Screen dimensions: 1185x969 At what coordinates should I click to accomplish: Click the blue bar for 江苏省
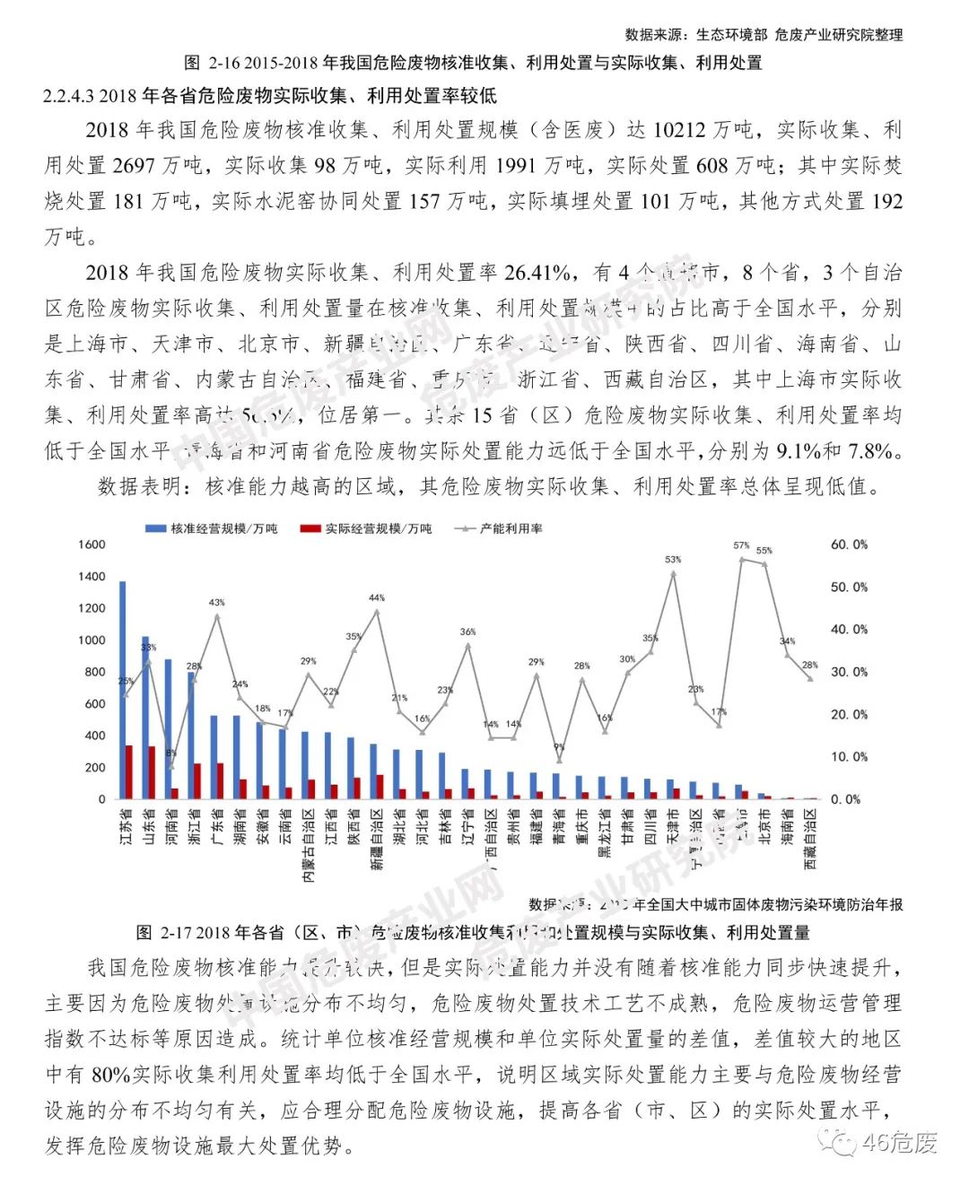[x=122, y=690]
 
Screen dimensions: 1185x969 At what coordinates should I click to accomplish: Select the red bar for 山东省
[x=152, y=772]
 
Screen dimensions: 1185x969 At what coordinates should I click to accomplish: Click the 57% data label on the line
[x=741, y=545]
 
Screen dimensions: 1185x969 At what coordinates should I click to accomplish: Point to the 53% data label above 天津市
[x=673, y=559]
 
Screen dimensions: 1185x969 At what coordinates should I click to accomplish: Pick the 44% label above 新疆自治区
[x=377, y=597]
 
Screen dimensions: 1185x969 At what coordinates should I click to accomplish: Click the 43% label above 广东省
[x=217, y=602]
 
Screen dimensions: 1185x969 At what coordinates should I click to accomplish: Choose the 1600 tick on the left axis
[x=92, y=545]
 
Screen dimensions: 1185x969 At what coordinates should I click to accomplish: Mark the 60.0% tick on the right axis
[x=848, y=545]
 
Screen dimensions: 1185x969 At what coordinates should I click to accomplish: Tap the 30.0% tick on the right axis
[x=848, y=672]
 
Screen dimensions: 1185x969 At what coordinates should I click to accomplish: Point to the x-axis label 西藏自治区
[x=810, y=839]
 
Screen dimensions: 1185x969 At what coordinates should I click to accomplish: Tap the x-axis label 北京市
[x=764, y=826]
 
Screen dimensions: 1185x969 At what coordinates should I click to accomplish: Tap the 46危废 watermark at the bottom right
[x=898, y=1143]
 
